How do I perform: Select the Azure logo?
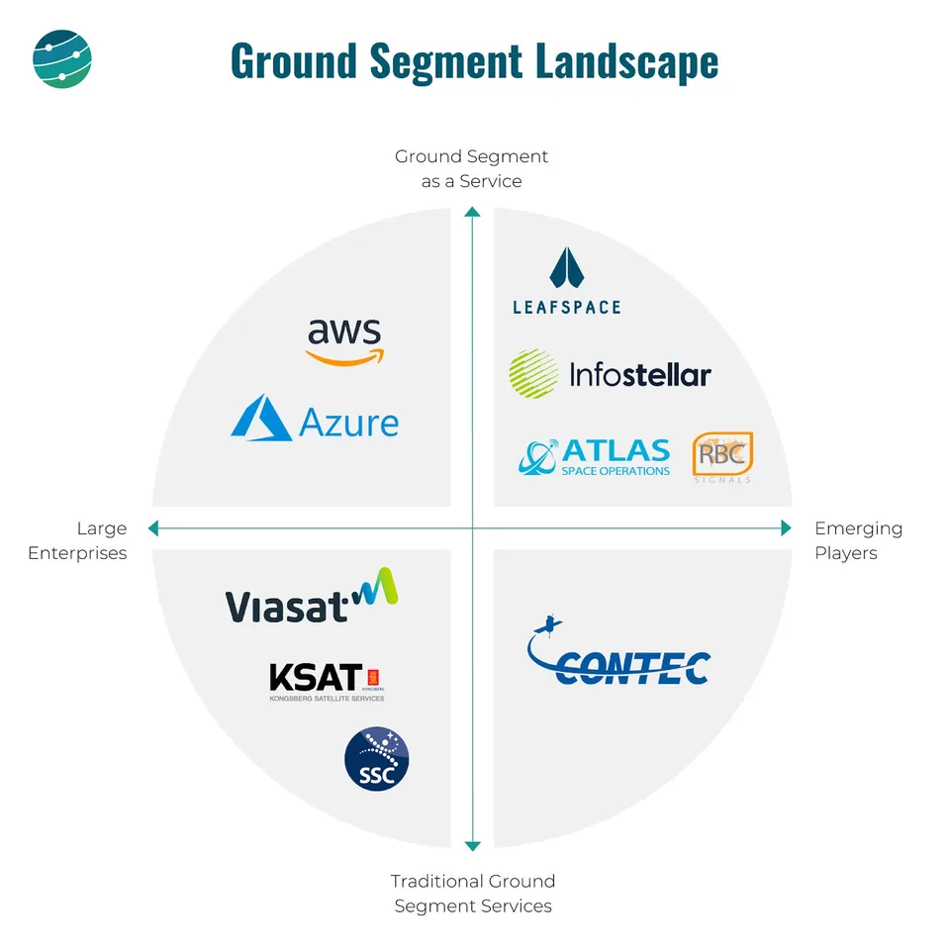pos(315,419)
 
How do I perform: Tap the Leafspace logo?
pos(567,281)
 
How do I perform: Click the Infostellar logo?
pos(610,374)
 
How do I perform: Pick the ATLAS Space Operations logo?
pos(594,457)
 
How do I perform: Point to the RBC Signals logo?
pos(722,457)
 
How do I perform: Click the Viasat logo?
pos(311,597)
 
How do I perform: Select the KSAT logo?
pos(327,681)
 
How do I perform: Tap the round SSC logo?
pos(376,760)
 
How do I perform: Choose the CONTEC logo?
pos(618,656)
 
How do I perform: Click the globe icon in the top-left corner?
pos(61,59)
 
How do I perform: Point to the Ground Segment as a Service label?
pos(472,169)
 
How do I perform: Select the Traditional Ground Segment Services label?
pos(473,894)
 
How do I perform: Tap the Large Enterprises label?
pos(77,540)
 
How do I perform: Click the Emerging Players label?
pos(859,540)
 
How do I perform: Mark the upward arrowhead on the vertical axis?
pos(473,213)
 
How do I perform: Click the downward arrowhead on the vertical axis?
pos(473,844)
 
